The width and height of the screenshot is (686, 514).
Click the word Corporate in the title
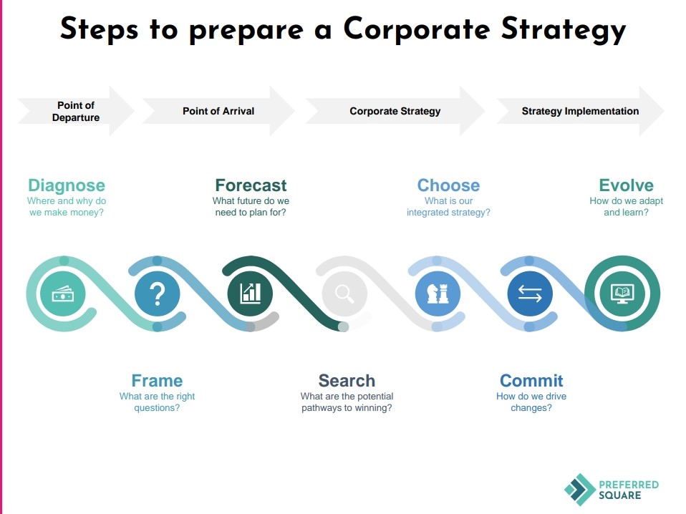coord(417,29)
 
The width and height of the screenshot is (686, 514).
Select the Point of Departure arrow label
coord(76,112)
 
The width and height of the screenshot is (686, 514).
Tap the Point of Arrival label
coord(218,111)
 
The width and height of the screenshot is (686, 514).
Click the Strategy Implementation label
coord(580,111)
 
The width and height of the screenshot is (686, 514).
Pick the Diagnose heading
coord(67,185)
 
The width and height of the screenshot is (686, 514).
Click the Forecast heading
coord(251,185)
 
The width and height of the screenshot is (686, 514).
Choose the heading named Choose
coord(448,185)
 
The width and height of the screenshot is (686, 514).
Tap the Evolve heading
coord(626,185)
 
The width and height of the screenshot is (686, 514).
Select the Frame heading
coord(157,381)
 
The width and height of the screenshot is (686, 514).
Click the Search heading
coord(347,381)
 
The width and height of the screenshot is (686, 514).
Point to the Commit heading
coord(531,381)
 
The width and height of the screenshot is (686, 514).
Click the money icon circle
coord(62,294)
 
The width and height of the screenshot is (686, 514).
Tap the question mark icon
coord(157,294)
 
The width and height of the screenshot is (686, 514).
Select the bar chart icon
coord(250,294)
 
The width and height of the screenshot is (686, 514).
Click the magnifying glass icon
coord(344,294)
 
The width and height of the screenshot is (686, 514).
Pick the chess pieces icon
coord(438,294)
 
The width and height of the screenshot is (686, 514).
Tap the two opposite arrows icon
coord(530,294)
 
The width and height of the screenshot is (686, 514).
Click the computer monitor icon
coord(622,294)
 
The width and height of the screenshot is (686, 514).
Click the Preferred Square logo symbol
coord(580,490)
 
